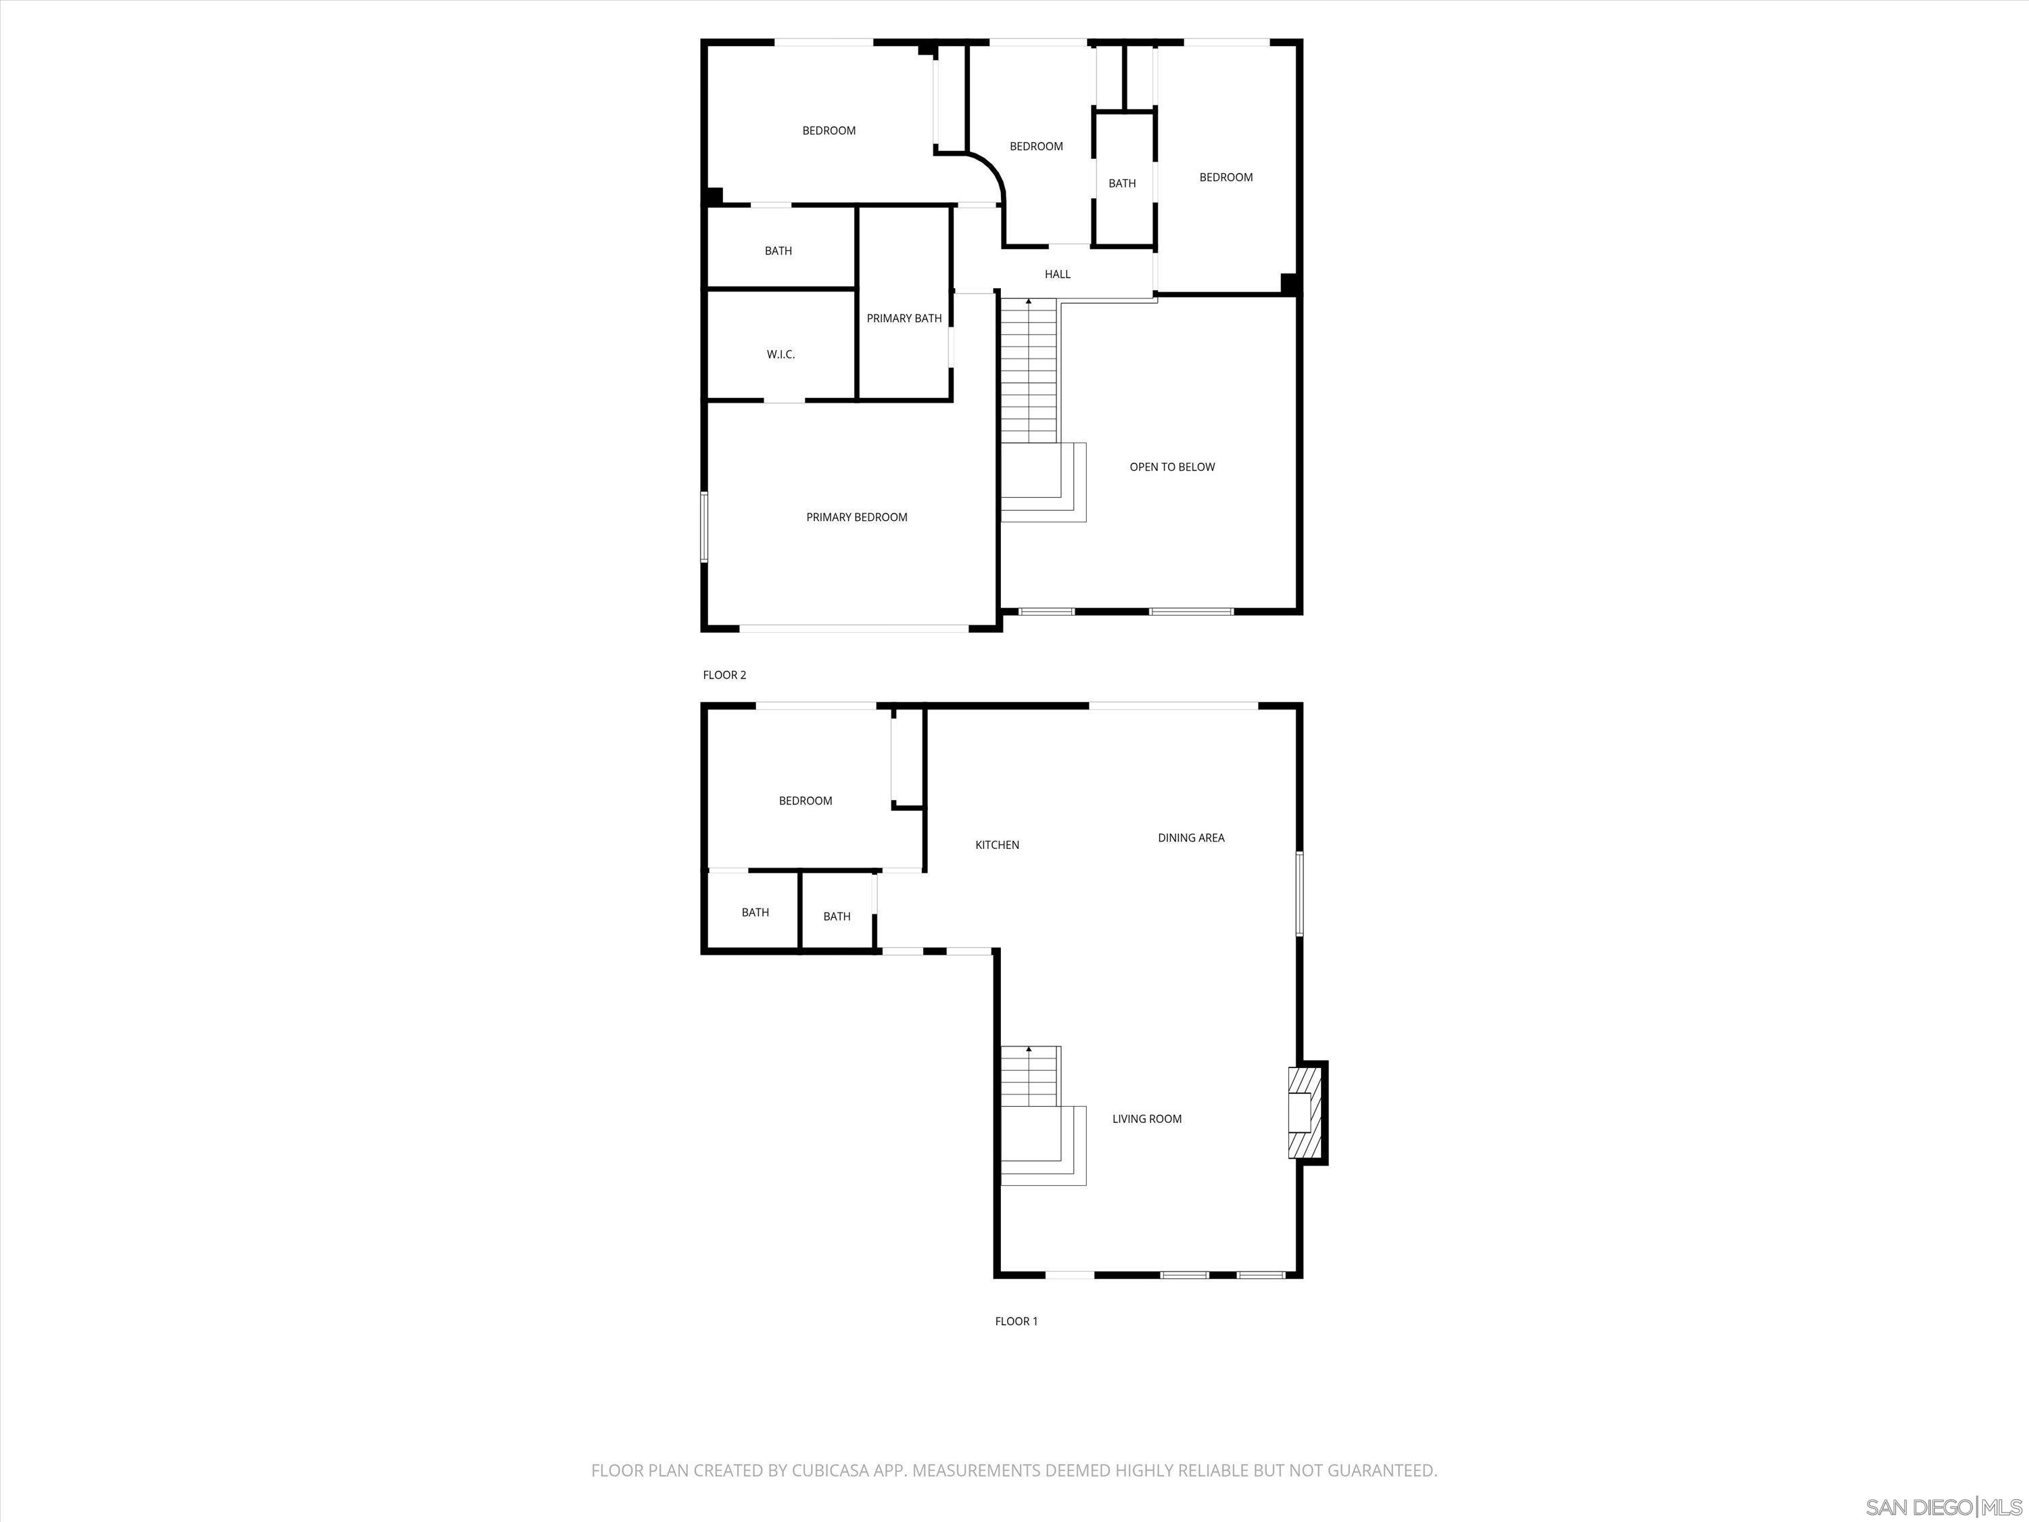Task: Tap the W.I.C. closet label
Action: tap(780, 354)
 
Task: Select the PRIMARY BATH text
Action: tap(904, 319)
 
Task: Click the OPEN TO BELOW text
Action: tap(1171, 467)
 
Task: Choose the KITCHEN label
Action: tap(996, 845)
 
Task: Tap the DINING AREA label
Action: tap(1190, 837)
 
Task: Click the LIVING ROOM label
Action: tap(1146, 1118)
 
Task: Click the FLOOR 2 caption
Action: tap(724, 675)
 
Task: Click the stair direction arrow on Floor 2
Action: tap(1028, 301)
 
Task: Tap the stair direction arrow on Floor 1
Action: tap(1028, 1048)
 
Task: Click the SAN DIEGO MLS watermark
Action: tap(1944, 1506)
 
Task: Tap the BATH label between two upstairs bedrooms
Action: tap(1122, 183)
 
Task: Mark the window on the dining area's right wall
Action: tap(1299, 894)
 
